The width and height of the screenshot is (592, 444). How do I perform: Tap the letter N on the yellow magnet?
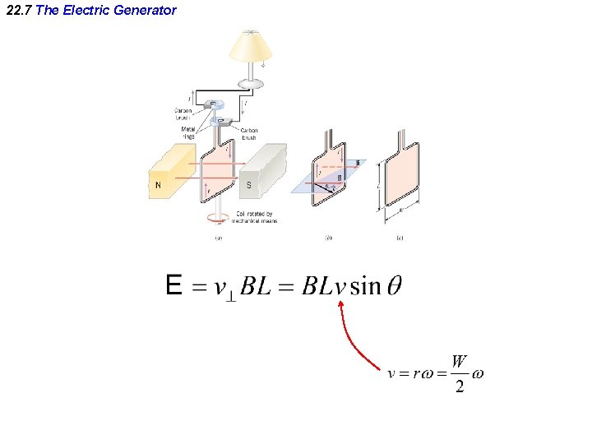158,185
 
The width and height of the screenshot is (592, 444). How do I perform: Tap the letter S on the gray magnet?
249,185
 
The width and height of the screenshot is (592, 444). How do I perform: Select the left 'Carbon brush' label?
183,113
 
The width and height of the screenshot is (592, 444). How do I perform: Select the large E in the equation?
173,286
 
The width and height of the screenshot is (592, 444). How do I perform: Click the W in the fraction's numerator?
460,361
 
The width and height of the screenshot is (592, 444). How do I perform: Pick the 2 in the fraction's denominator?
460,386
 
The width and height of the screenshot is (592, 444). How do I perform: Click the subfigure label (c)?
400,238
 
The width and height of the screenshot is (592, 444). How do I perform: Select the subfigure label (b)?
328,238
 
